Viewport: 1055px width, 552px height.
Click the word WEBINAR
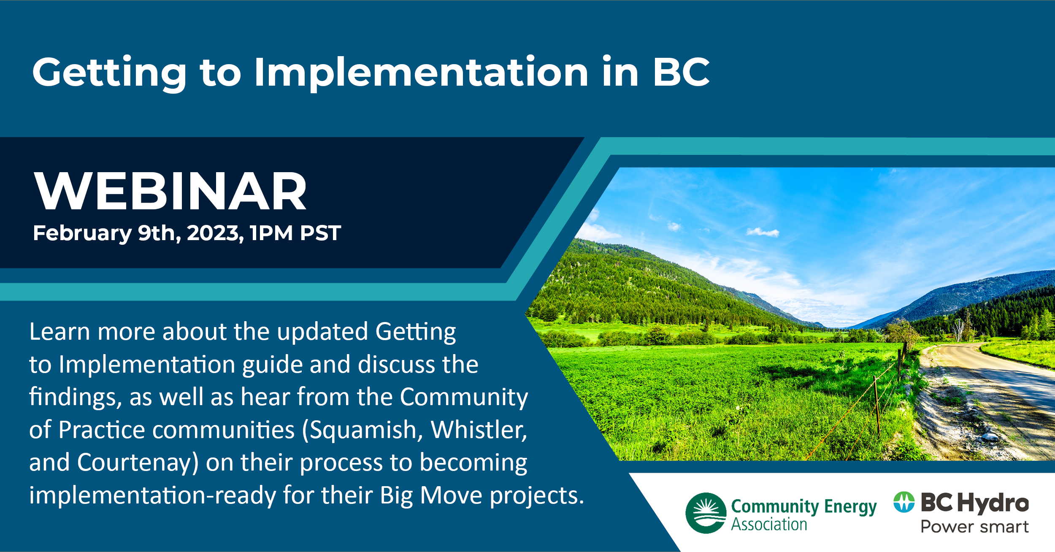point(170,191)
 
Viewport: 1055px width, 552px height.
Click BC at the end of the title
point(682,72)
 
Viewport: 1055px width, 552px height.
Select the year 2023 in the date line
point(215,233)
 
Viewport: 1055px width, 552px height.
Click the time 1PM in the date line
point(271,233)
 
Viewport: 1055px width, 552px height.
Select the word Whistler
point(479,430)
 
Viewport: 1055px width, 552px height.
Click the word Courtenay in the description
point(134,463)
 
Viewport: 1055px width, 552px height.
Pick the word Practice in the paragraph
point(102,430)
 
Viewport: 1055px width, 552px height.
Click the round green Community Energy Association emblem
point(706,513)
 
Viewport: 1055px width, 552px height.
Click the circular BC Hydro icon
point(904,502)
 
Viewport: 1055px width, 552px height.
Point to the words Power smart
point(974,527)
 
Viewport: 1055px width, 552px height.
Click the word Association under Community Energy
point(769,524)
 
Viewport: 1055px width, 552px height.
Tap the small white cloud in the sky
point(763,232)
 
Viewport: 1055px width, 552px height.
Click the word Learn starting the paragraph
point(60,331)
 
